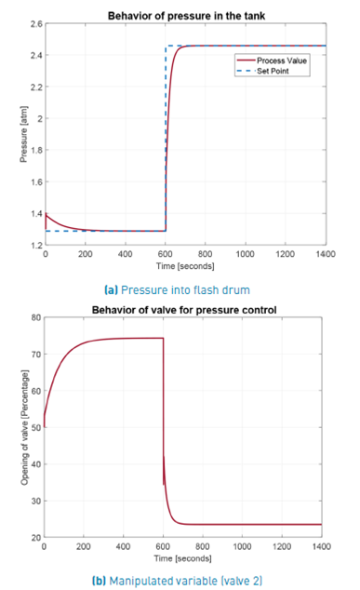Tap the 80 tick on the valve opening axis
tap(34, 318)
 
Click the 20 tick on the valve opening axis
tap(34, 538)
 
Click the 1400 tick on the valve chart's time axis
tap(322, 547)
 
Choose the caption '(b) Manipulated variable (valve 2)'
tap(182, 578)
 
